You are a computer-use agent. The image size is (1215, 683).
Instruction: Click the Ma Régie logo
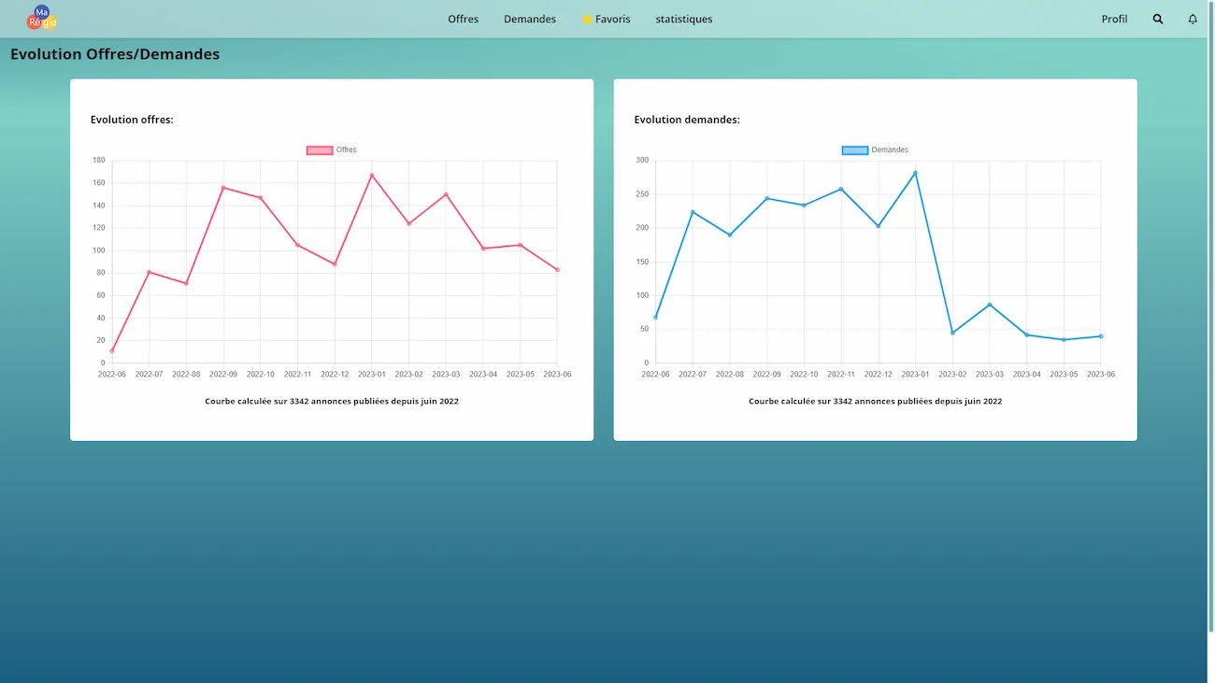point(42,18)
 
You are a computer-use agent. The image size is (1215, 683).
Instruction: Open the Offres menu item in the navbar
point(463,19)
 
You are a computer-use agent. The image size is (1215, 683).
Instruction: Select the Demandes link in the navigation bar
point(529,19)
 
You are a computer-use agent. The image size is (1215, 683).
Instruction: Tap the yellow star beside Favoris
point(586,19)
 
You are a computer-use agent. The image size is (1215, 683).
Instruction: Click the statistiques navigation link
point(683,19)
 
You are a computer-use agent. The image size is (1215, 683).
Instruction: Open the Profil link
point(1114,19)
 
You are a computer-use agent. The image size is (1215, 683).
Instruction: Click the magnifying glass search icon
point(1157,19)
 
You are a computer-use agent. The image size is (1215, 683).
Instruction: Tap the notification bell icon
point(1193,19)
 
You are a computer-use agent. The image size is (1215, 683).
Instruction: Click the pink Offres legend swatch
point(320,150)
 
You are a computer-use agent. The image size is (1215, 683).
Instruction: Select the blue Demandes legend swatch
point(855,150)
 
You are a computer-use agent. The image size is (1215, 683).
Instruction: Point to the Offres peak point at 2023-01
point(372,175)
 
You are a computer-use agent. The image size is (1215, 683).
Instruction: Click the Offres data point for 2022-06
point(112,350)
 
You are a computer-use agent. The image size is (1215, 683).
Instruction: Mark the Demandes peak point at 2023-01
point(915,173)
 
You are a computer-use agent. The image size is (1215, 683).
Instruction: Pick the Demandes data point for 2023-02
point(952,333)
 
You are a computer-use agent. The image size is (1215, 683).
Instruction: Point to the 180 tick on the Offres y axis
point(99,160)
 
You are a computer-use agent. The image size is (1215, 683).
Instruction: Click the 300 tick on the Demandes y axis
point(642,160)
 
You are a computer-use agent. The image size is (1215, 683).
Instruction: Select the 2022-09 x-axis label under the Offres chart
point(223,374)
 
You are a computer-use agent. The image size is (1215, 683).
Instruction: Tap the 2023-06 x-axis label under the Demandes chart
point(1101,374)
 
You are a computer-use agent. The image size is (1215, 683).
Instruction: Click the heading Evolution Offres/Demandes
point(115,53)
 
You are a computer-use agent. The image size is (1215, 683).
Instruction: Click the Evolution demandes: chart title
point(687,120)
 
